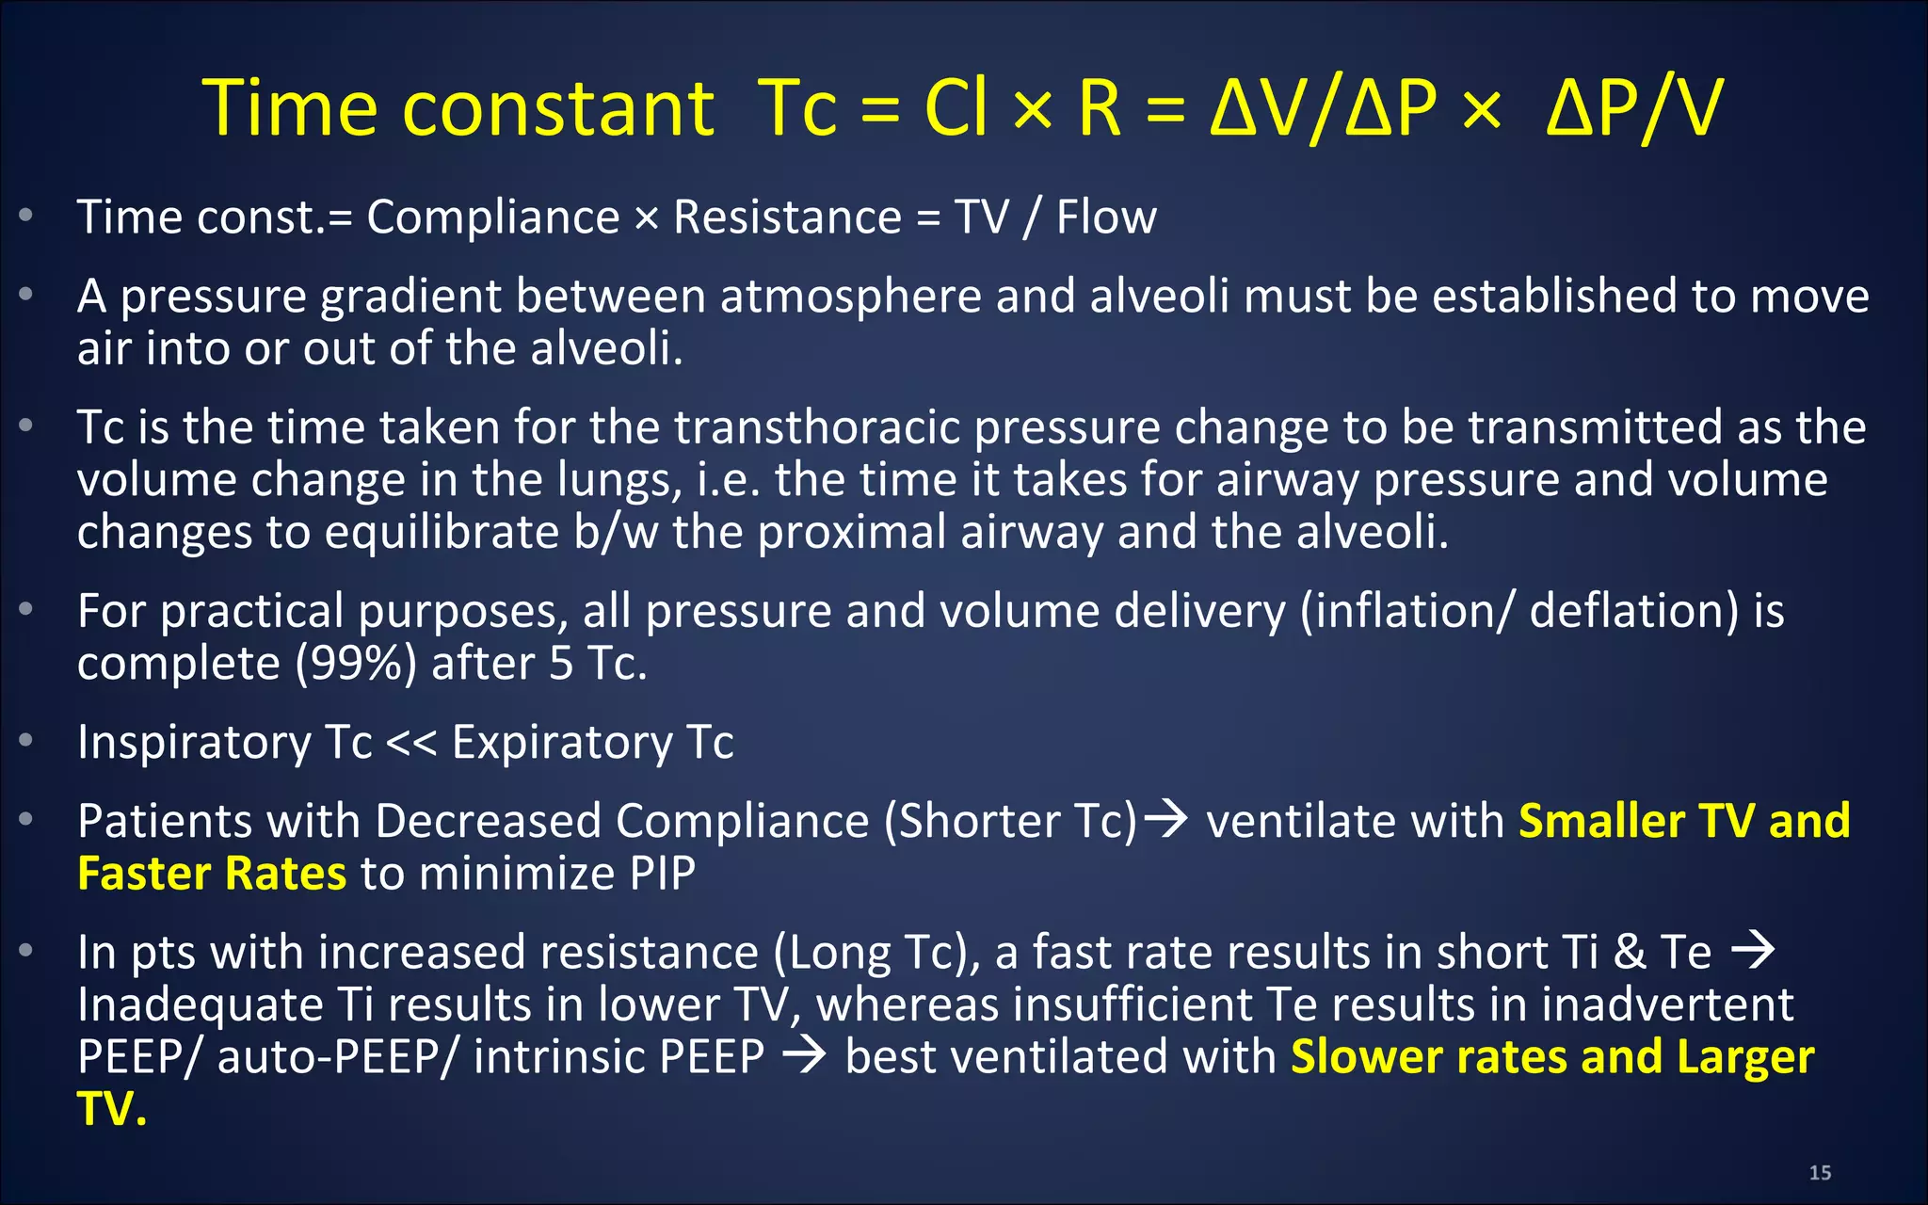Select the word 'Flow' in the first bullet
tap(1106, 217)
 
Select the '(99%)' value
tap(356, 664)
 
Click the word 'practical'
tap(252, 611)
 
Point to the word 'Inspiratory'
tap(194, 742)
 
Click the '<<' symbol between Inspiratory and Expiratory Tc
tap(411, 742)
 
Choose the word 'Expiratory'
tap(562, 742)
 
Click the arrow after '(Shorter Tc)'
tap(1171, 819)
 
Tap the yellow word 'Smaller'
tap(1600, 821)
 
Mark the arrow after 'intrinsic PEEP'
tap(804, 1056)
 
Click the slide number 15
tap(1820, 1173)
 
